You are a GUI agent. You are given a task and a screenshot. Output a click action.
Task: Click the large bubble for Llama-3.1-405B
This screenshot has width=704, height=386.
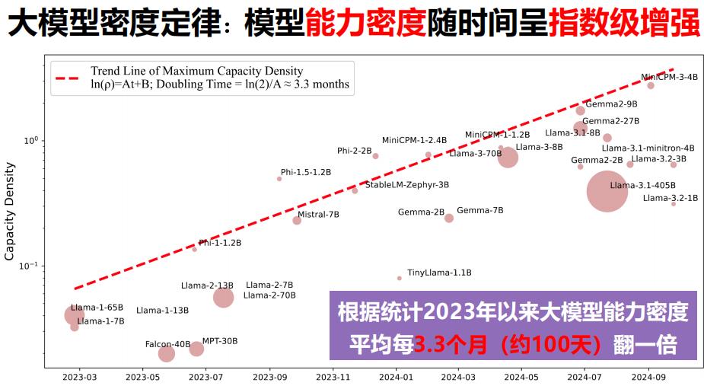(x=607, y=191)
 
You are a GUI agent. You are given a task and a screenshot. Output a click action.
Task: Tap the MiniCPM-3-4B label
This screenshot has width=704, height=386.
(x=669, y=77)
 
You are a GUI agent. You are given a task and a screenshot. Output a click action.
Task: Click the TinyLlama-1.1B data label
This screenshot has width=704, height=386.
(x=439, y=273)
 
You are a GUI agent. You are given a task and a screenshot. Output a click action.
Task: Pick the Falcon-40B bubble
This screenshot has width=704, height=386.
(x=167, y=353)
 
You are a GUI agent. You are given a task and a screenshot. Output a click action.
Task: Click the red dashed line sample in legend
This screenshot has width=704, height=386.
(x=65, y=78)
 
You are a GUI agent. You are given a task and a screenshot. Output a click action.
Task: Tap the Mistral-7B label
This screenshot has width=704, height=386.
(x=318, y=215)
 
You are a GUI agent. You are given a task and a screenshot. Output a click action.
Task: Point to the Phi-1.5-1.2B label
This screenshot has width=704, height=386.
(x=305, y=173)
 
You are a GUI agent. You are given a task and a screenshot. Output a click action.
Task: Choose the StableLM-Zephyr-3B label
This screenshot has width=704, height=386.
(x=407, y=185)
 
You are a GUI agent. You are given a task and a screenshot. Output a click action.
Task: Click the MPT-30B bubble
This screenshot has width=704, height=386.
(x=196, y=349)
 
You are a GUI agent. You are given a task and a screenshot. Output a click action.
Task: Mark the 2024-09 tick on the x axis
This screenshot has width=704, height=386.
(x=648, y=376)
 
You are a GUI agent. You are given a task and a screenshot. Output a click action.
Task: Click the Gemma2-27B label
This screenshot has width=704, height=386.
(x=610, y=121)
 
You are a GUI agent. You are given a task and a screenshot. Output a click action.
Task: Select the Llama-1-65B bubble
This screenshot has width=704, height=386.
(x=74, y=315)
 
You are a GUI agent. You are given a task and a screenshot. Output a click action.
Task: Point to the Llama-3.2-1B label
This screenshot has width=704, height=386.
(x=670, y=198)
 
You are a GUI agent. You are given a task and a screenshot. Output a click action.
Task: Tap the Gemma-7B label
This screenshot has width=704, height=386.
(x=479, y=210)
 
